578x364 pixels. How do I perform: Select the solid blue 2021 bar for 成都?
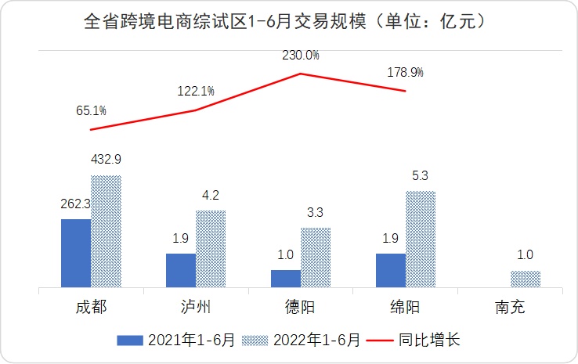76,253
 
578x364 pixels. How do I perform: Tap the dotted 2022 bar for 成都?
106,232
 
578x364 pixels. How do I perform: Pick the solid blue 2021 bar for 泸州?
181,270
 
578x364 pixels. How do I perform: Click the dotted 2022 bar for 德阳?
316,258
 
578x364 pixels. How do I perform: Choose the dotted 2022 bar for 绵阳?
421,240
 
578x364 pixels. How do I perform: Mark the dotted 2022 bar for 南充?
526,279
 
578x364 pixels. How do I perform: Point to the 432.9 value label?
107,160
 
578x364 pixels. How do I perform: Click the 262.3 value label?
76,204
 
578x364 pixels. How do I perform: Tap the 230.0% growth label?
301,56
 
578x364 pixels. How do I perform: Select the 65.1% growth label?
91,111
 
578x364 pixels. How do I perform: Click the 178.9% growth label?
406,73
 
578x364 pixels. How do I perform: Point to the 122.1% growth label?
196,92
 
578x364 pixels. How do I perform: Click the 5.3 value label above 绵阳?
421,175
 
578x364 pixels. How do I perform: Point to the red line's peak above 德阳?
301,74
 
